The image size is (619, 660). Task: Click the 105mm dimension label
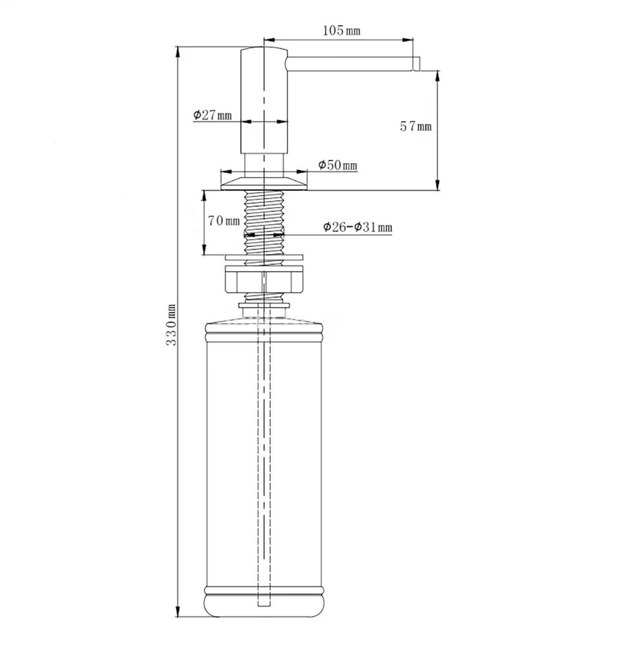tap(342, 30)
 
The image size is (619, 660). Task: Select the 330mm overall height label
tap(171, 325)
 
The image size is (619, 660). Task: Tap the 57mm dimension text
tap(416, 126)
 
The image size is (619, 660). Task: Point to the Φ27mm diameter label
tap(213, 115)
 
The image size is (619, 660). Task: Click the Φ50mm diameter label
tap(338, 165)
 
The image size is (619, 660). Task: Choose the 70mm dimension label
tap(224, 220)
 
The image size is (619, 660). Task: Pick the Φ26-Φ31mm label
tap(358, 228)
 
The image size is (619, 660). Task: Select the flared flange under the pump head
tap(264, 183)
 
